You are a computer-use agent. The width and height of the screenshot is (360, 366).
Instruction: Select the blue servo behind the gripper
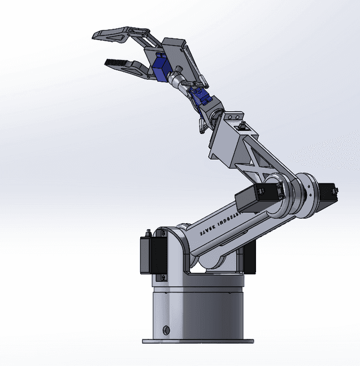point(161,68)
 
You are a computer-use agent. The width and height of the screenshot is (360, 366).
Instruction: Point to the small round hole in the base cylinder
point(166,329)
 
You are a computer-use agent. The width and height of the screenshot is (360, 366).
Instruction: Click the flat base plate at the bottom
point(197,341)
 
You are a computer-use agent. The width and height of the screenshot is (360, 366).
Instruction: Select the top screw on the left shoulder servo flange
point(149,232)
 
